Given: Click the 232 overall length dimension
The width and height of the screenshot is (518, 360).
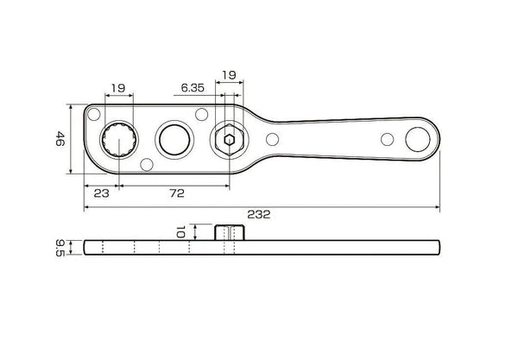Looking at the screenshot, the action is [x=259, y=214].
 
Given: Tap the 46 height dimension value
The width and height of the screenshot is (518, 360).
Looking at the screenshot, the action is [x=60, y=139].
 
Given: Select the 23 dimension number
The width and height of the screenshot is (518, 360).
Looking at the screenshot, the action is [x=101, y=193].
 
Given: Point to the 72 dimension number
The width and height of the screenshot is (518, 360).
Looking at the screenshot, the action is [x=177, y=193].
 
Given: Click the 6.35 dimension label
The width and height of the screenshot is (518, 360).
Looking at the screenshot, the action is [x=193, y=88].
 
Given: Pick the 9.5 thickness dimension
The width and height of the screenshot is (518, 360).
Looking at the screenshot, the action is [x=60, y=248].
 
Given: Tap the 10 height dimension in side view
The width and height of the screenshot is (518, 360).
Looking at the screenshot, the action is [x=180, y=232].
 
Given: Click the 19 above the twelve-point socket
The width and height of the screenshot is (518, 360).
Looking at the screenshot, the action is [x=118, y=88].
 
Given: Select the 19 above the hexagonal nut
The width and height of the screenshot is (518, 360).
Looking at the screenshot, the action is [x=229, y=75].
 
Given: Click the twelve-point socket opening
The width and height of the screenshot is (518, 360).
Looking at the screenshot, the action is [x=118, y=139].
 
